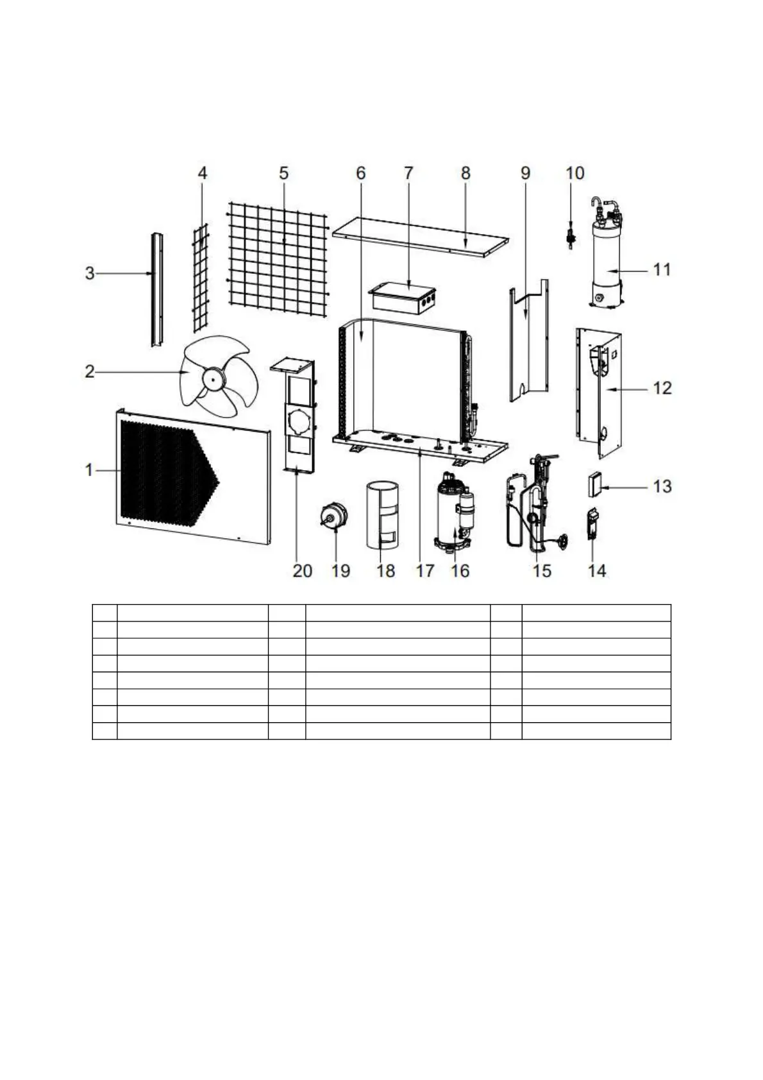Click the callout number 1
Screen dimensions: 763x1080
(89, 470)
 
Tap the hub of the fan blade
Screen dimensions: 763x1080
(209, 379)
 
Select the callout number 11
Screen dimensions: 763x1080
(662, 269)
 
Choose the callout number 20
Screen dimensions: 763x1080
(302, 570)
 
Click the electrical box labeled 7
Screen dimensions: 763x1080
(403, 301)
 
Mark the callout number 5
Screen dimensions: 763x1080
(283, 173)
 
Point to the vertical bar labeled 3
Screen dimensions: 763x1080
(156, 289)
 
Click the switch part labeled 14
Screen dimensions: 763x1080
(593, 525)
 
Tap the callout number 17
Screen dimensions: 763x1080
(425, 570)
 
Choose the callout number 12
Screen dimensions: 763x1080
(662, 388)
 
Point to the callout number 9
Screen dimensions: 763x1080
(526, 173)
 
